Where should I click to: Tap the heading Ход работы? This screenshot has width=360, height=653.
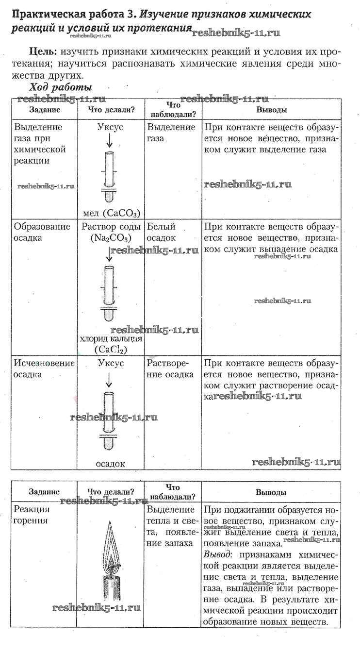(60, 87)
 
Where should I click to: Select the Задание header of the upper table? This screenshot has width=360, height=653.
(45, 110)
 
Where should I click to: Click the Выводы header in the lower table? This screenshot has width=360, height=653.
(271, 492)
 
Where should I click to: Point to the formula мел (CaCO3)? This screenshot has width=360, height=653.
(112, 213)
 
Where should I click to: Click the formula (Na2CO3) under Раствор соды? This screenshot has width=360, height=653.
(111, 238)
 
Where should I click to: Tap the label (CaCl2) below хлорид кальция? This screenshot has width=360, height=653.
(111, 349)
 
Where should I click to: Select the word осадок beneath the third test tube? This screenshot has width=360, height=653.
(111, 464)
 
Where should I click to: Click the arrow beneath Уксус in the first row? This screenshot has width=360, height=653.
(110, 140)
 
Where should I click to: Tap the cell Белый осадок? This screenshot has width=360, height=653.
(162, 232)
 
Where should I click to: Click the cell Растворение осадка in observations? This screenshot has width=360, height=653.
(170, 368)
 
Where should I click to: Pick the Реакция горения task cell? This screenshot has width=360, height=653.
(32, 515)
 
